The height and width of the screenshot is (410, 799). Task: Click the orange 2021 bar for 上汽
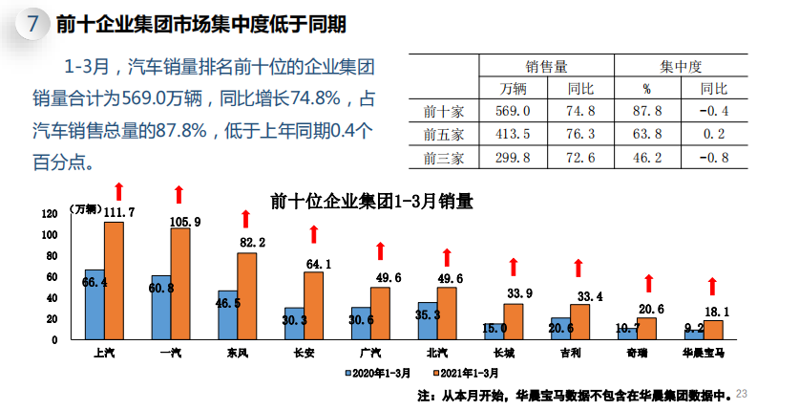point(114,280)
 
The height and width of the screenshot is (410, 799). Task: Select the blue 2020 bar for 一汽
point(161,307)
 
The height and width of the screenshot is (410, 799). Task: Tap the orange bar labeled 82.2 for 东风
point(247,295)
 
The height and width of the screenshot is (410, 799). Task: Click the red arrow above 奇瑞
point(648,283)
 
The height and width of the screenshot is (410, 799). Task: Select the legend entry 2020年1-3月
point(378,373)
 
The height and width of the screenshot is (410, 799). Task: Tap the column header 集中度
point(681,66)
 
